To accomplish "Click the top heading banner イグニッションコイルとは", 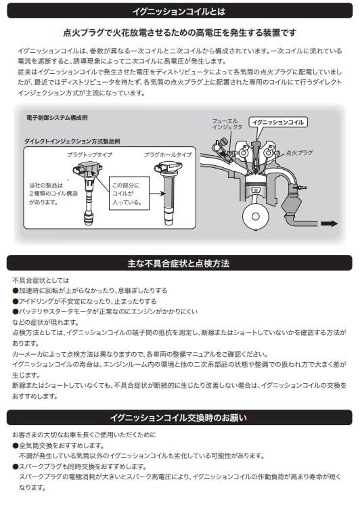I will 179,12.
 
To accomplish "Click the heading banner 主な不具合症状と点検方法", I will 179,262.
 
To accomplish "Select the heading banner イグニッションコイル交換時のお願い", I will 179,417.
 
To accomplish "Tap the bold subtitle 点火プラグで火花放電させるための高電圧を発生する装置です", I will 179,32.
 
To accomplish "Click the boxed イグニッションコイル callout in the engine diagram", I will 277,123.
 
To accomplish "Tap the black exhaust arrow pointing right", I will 329,224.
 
